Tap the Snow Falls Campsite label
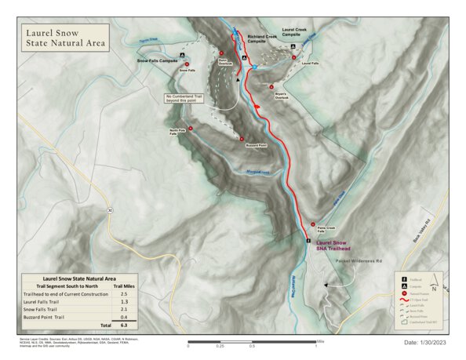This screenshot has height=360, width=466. pos(158,60)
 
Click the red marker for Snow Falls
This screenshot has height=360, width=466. pos(188,64)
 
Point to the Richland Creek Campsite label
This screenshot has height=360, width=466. pos(261,40)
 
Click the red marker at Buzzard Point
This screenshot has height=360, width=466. pos(242,138)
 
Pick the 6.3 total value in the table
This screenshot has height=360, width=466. pos(123,324)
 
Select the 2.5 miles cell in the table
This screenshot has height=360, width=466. pos(123,293)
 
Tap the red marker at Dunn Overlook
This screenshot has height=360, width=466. pos(222,53)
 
